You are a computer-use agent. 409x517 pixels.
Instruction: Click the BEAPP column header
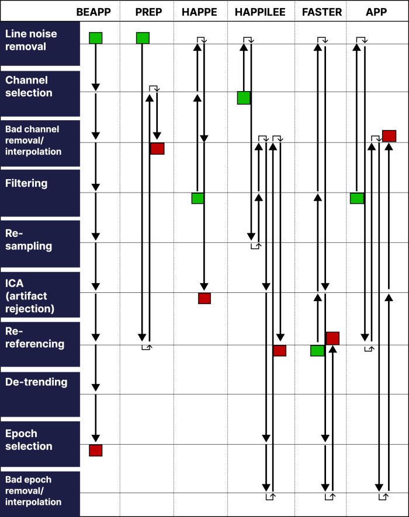tap(96, 12)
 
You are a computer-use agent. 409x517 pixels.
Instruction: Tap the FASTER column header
tap(322, 12)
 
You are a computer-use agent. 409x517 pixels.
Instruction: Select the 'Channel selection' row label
tap(29, 86)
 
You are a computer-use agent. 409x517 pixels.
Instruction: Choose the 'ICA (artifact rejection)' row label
tap(30, 295)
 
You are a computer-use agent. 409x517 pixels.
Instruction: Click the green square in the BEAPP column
tap(96, 38)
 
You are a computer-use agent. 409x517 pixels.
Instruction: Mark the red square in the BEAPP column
tap(96, 450)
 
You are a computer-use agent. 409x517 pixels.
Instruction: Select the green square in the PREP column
tap(143, 38)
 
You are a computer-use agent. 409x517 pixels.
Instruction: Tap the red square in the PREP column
tap(157, 148)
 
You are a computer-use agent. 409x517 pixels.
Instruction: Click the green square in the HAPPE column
tap(198, 198)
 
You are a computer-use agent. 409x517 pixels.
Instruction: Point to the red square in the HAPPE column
tap(204, 299)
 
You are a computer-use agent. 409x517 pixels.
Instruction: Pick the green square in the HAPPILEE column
tap(244, 98)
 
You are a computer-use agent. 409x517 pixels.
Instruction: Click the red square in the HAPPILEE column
tap(280, 351)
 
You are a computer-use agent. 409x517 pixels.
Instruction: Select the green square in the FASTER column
tap(317, 351)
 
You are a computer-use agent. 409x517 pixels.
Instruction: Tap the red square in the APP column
tap(390, 136)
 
